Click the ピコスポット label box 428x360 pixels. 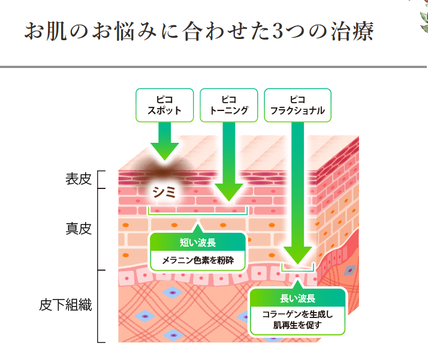point(164,105)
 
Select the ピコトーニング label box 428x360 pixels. point(229,105)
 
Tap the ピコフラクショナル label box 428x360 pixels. point(298,105)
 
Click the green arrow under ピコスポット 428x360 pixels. point(164,141)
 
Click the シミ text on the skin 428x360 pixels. point(164,193)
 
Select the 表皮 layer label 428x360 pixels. point(79,179)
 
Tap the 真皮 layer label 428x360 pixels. point(79,229)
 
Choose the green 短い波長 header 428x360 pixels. point(198,243)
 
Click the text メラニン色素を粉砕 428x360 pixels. point(198,261)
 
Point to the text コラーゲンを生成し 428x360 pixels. point(297,314)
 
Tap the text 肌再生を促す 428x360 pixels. point(297,326)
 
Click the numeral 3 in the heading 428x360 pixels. point(279,32)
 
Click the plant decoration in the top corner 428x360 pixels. point(421,15)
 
